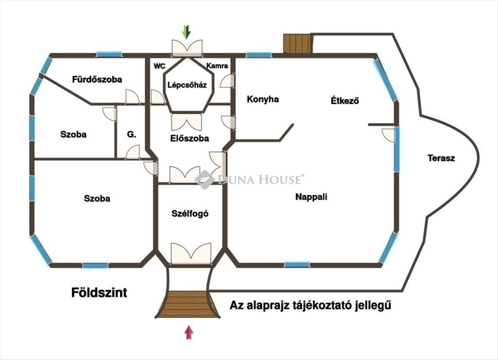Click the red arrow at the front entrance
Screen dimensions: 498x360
click(x=189, y=333)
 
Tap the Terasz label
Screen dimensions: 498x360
click(x=441, y=158)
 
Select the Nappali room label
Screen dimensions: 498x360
click(x=311, y=197)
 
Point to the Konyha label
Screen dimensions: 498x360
click(x=263, y=99)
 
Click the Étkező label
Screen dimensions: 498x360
click(x=345, y=100)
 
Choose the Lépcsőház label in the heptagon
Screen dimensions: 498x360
click(x=187, y=85)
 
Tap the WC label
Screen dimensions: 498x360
click(x=160, y=66)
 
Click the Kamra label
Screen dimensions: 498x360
click(x=217, y=66)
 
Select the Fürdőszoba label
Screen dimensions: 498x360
click(x=97, y=79)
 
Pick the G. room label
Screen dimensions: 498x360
click(x=132, y=135)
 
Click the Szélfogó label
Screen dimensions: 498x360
click(x=190, y=214)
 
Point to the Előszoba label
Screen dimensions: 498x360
click(x=190, y=138)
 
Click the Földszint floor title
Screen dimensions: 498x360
click(x=99, y=293)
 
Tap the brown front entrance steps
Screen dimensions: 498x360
click(x=188, y=304)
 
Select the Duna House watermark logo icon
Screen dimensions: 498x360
click(x=204, y=179)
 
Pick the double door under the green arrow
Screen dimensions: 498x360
click(x=187, y=48)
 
